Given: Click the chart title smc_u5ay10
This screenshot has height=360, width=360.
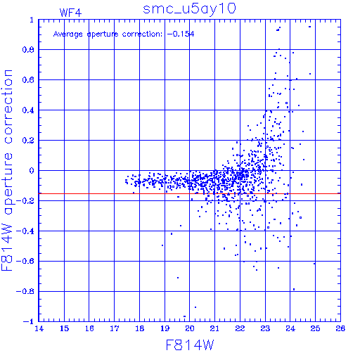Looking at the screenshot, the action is point(189,9).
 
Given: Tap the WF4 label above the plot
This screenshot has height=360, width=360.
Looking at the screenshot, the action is point(70,13).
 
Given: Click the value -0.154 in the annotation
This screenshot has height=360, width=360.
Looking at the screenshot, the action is point(181,34).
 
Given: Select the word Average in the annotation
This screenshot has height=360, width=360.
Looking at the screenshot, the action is point(68,34).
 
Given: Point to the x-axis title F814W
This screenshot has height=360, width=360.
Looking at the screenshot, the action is point(190,345).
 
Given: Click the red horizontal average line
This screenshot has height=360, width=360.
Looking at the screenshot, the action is point(190,194).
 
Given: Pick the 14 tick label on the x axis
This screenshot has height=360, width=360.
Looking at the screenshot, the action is point(39,328).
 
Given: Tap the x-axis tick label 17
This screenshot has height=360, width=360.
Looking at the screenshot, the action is point(115,328).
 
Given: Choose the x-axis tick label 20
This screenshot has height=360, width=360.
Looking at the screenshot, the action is point(190,328).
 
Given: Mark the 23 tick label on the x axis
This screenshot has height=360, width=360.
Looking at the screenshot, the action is point(265,328).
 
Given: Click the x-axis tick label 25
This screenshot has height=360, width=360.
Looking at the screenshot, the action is point(315,328).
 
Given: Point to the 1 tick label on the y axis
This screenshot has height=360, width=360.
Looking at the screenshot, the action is point(32,20).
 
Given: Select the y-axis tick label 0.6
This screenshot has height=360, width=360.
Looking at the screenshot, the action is point(28,80).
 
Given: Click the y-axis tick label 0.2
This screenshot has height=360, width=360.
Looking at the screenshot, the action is point(28,141).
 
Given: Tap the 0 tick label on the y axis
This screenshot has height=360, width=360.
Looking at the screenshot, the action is point(32,171).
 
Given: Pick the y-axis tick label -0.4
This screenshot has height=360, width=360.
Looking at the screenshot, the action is point(25,231).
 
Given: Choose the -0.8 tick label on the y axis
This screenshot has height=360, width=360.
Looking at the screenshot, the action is point(25,291).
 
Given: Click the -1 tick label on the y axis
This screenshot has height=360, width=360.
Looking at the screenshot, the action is point(29,321).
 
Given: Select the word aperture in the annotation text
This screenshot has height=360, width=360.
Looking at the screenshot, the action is point(103,34).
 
